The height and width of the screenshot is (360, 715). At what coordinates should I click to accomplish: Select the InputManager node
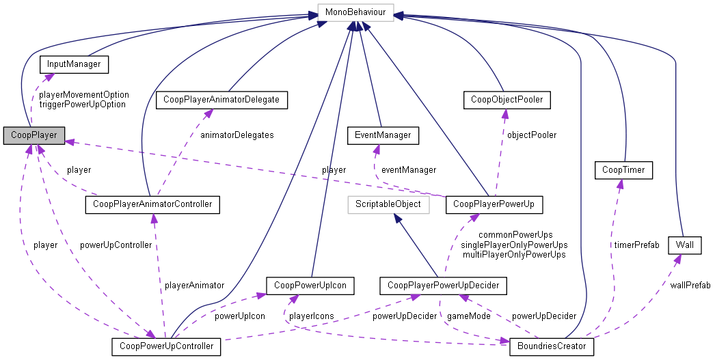(75, 64)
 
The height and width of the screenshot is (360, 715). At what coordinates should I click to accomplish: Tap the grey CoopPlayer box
(34, 135)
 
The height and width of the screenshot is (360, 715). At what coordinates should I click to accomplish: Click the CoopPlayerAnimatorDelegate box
(221, 100)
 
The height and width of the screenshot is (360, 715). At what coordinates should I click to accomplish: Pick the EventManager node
(379, 135)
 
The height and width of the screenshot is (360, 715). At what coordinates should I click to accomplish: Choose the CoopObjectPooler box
(507, 100)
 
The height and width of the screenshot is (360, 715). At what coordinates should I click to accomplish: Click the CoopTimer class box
(623, 169)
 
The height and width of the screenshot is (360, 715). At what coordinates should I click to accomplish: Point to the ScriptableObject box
(388, 204)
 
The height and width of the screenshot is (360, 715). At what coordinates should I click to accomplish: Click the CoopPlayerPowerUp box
(494, 204)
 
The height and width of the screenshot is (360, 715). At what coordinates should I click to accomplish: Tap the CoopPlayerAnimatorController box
(152, 204)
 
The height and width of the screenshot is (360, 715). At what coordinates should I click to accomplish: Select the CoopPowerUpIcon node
(310, 284)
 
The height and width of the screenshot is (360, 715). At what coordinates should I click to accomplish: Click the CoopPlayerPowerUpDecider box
(444, 284)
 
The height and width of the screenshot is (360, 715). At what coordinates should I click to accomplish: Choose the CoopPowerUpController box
(166, 346)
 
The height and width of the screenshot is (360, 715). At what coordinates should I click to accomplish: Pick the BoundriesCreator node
(552, 346)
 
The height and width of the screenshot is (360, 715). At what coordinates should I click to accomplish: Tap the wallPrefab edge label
(690, 285)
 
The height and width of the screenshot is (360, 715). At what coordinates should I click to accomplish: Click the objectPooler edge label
(531, 135)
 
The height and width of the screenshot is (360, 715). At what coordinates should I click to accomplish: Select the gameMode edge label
(466, 316)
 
